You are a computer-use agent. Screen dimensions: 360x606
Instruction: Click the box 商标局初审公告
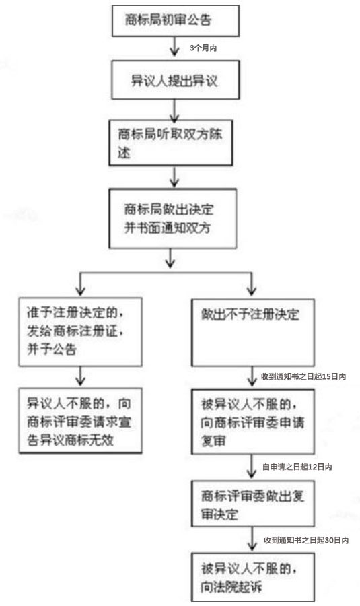pyautogui.click(x=176, y=21)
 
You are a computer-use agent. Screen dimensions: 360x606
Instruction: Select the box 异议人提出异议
pyautogui.click(x=176, y=80)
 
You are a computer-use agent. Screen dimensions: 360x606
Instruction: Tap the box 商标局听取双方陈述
pyautogui.click(x=170, y=143)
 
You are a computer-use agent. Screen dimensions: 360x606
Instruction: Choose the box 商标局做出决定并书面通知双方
pyautogui.click(x=172, y=218)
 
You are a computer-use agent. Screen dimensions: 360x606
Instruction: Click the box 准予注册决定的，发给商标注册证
pyautogui.click(x=80, y=332)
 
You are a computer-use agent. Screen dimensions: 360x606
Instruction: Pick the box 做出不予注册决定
pyautogui.click(x=252, y=333)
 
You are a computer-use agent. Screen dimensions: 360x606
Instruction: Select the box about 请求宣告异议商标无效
pyautogui.click(x=80, y=420)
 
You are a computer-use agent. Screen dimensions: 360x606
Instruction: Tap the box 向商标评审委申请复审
pyautogui.click(x=252, y=422)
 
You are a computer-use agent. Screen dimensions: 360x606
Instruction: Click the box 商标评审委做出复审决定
pyautogui.click(x=252, y=504)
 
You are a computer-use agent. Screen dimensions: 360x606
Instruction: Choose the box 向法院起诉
pyautogui.click(x=252, y=577)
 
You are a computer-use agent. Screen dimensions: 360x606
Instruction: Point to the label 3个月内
pyautogui.click(x=203, y=48)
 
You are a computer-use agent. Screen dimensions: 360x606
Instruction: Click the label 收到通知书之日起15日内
pyautogui.click(x=303, y=376)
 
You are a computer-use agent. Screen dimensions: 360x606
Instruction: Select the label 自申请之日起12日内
pyautogui.click(x=297, y=467)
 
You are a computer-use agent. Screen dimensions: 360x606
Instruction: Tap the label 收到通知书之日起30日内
pyautogui.click(x=306, y=540)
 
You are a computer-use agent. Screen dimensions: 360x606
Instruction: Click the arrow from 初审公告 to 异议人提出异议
pyautogui.click(x=174, y=46)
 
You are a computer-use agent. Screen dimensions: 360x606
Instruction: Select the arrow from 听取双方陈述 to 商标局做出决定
pyautogui.click(x=174, y=177)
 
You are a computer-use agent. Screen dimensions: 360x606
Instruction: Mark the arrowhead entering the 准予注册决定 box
pyautogui.click(x=80, y=291)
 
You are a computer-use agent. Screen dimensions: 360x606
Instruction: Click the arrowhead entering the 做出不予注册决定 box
pyautogui.click(x=252, y=291)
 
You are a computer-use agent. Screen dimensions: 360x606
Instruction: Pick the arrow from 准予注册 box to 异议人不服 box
pyautogui.click(x=80, y=376)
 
